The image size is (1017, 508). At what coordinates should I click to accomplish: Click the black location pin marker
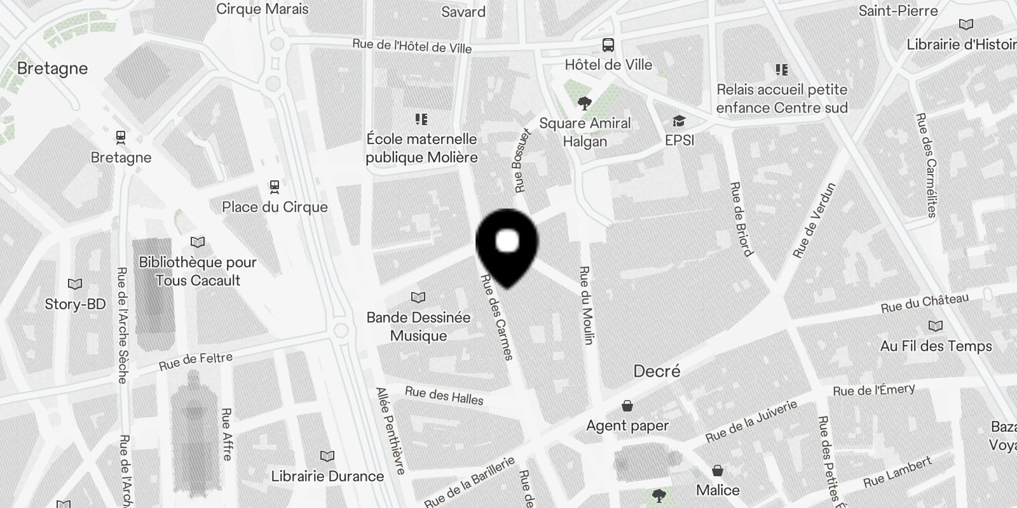click(x=507, y=245)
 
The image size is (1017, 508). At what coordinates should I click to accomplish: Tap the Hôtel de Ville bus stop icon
click(x=608, y=45)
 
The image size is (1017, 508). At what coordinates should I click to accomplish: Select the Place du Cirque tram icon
click(x=275, y=187)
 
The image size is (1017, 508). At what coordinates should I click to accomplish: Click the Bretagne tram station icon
click(x=121, y=137)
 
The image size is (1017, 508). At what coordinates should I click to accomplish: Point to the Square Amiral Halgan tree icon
click(x=584, y=103)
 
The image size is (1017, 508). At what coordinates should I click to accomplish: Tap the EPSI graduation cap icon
click(x=679, y=121)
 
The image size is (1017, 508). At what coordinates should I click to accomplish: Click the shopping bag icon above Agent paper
click(x=627, y=406)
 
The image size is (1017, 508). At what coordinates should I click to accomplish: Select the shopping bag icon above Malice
click(x=718, y=471)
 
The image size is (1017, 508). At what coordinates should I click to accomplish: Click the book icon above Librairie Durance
click(x=327, y=456)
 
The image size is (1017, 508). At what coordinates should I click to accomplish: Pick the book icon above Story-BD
click(x=75, y=284)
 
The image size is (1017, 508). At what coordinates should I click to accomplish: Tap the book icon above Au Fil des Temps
click(x=936, y=326)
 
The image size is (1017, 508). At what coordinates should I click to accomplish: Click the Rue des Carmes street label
click(x=496, y=317)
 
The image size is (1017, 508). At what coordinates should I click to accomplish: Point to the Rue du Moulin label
click(x=585, y=305)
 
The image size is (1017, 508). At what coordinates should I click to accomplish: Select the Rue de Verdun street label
click(x=814, y=220)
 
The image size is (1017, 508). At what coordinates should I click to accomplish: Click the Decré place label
click(x=657, y=371)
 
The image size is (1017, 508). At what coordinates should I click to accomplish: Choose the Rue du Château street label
click(x=925, y=303)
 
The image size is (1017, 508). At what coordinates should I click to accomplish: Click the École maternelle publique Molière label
click(x=421, y=148)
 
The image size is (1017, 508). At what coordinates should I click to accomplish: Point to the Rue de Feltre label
click(x=196, y=361)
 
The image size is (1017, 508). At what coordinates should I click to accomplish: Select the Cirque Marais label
click(x=263, y=9)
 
